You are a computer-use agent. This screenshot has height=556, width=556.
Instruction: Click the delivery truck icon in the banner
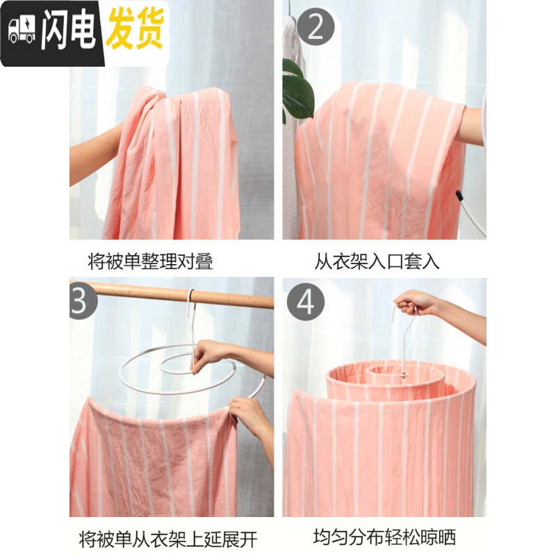coord(22,29)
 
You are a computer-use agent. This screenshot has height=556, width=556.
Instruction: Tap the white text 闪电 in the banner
coord(68,31)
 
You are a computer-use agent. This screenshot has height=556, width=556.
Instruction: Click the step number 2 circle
coord(316,28)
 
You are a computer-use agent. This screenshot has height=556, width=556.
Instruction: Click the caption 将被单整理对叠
coord(150,261)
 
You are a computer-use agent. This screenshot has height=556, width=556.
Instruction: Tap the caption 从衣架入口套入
coord(377,261)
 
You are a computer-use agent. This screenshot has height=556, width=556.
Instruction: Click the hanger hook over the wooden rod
coord(190,299)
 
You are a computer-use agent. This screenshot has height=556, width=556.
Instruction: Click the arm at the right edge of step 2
coord(473,125)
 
